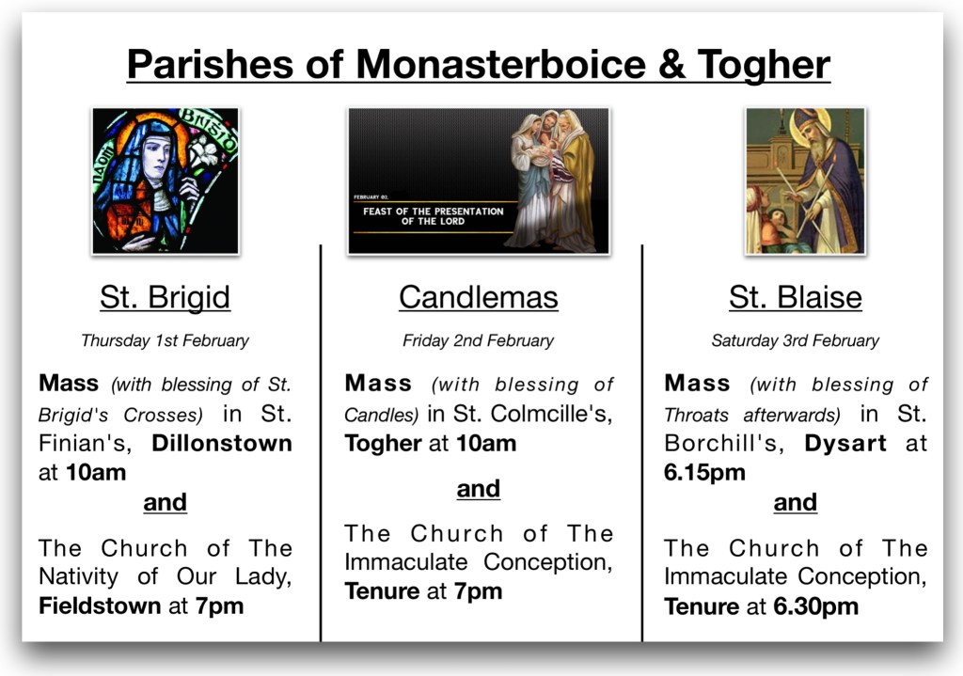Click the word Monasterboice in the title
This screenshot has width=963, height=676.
pos(500,64)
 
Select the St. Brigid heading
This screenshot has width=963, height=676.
pos(166,297)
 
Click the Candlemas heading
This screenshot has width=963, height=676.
pos(479,297)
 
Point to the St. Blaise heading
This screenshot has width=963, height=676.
pos(796,297)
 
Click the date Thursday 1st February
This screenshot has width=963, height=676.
pos(166,340)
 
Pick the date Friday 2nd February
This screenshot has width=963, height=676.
pos(478,340)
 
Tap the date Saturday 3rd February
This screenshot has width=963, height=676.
pos(796,340)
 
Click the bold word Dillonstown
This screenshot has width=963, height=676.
pos(222,443)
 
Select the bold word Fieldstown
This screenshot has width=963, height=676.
pos(100,606)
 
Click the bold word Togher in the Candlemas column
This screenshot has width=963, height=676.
pos(384,444)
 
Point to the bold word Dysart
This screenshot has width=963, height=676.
pos(845,444)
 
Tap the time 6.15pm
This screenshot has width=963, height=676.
pos(704,473)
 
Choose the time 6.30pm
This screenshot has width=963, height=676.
pos(815,606)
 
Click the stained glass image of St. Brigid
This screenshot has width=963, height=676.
pos(166,181)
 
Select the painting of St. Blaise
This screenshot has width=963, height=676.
pos(805,181)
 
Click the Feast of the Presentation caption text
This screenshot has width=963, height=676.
pos(433,216)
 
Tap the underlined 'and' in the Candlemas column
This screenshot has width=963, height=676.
pos(479,489)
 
